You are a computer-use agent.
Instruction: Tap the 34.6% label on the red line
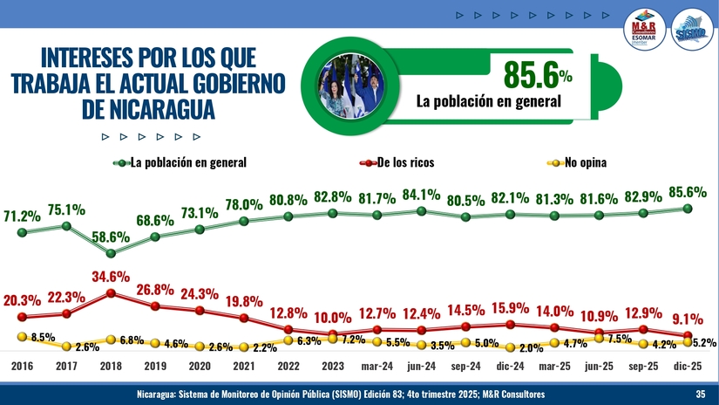click(x=111, y=277)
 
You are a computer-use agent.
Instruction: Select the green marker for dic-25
click(x=688, y=208)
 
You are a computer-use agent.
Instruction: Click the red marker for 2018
click(x=111, y=293)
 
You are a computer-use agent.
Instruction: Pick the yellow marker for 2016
click(x=23, y=336)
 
